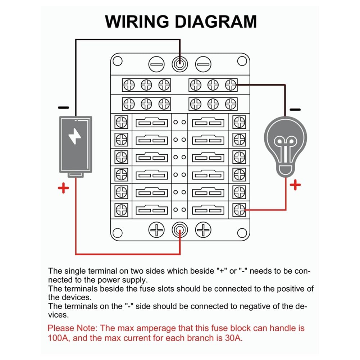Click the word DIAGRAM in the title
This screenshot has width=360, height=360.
pyautogui.click(x=216, y=22)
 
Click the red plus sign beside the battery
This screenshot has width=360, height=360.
pyautogui.click(x=63, y=188)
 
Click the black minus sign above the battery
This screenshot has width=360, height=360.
pyautogui.click(x=63, y=107)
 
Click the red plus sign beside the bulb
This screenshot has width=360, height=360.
pyautogui.click(x=295, y=186)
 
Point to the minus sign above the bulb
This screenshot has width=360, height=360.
pyautogui.click(x=295, y=109)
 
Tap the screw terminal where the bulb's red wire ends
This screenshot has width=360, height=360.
pyautogui.click(x=239, y=210)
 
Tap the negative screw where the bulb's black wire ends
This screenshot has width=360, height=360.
pyautogui.click(x=230, y=85)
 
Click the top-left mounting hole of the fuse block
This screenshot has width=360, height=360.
pyautogui.click(x=119, y=61)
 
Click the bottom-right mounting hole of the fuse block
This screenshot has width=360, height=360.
pyautogui.click(x=241, y=233)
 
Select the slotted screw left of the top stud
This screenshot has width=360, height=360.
pyautogui.click(x=156, y=65)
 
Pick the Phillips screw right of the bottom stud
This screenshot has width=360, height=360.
pyautogui.click(x=203, y=230)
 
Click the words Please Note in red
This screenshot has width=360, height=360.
pyautogui.click(x=72, y=328)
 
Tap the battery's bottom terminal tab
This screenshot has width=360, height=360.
pyautogui.click(x=76, y=175)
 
